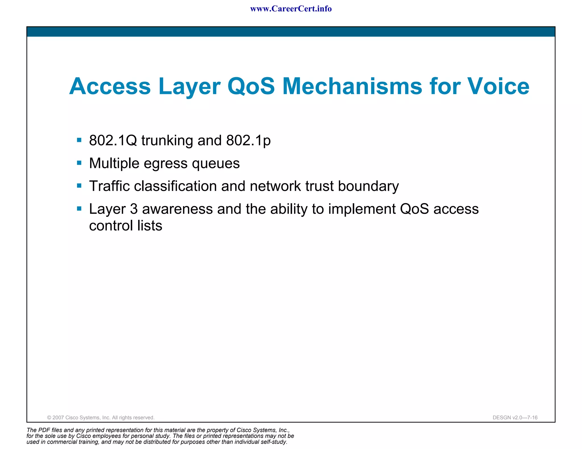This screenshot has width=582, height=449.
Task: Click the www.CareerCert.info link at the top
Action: (x=291, y=9)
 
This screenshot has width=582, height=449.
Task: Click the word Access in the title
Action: (x=110, y=86)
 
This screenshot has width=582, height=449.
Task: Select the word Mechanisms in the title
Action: (x=352, y=86)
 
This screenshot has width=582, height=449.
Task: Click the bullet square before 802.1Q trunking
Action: (x=79, y=140)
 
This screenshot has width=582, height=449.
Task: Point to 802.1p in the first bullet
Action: (x=248, y=140)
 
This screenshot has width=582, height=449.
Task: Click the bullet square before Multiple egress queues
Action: (x=79, y=163)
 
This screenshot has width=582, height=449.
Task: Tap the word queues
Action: (x=216, y=164)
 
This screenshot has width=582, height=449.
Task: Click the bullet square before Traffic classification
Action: (x=79, y=186)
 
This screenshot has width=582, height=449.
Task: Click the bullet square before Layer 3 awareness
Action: (x=79, y=209)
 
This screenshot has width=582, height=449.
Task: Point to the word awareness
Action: (x=177, y=209)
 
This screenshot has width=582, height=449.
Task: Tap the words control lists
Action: (x=126, y=226)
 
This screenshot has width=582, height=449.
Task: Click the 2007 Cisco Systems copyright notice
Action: (x=101, y=417)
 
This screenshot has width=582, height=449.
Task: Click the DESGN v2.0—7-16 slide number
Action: (x=515, y=417)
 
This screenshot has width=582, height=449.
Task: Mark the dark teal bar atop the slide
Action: (x=291, y=32)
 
